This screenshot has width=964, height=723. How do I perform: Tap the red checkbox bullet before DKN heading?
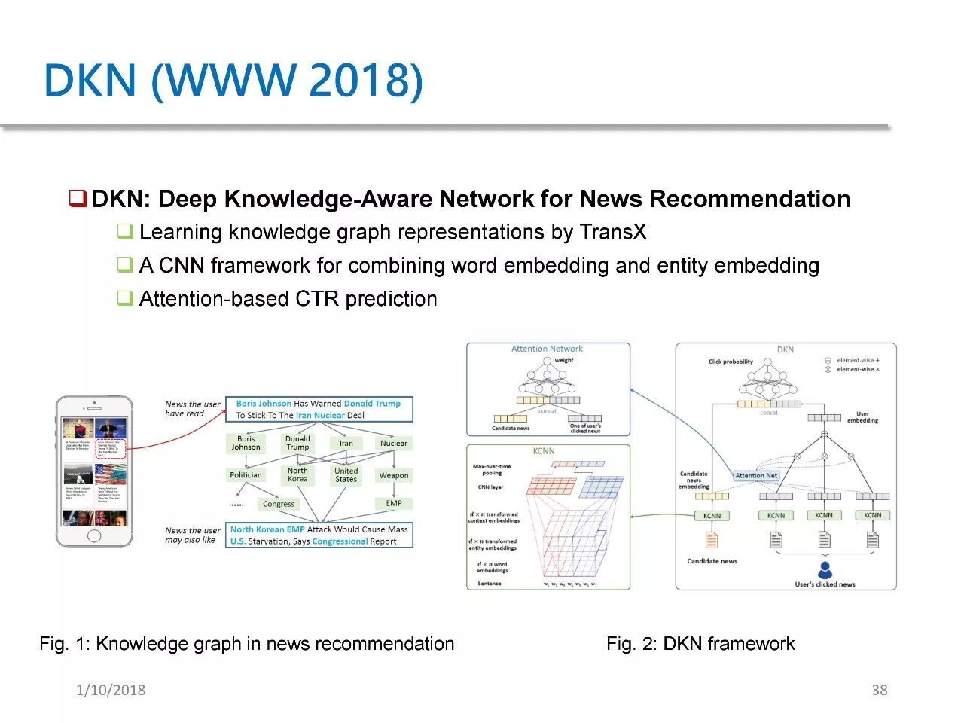pyautogui.click(x=78, y=199)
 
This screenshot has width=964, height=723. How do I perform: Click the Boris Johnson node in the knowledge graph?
pyautogui.click(x=246, y=443)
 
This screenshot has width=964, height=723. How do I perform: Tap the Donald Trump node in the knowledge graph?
pyautogui.click(x=297, y=443)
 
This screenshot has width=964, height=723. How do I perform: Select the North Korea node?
pyautogui.click(x=297, y=474)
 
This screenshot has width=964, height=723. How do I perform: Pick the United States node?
pyautogui.click(x=346, y=474)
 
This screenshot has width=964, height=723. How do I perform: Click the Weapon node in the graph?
pyautogui.click(x=394, y=475)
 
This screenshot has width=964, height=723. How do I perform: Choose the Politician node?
pyautogui.click(x=246, y=475)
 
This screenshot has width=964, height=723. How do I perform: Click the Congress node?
pyautogui.click(x=279, y=504)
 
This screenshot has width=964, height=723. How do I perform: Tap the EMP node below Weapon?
pyautogui.click(x=394, y=503)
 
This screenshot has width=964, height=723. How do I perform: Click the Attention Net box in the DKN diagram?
pyautogui.click(x=756, y=475)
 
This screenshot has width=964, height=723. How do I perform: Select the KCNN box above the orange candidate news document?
pyautogui.click(x=712, y=516)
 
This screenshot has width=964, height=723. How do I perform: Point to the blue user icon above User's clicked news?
pyautogui.click(x=825, y=569)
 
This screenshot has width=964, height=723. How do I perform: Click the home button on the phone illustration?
pyautogui.click(x=94, y=536)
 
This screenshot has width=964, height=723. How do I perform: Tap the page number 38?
pyautogui.click(x=879, y=690)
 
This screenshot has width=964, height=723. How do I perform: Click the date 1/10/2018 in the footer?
pyautogui.click(x=111, y=690)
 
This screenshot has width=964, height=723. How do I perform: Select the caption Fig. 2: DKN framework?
pyautogui.click(x=700, y=644)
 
